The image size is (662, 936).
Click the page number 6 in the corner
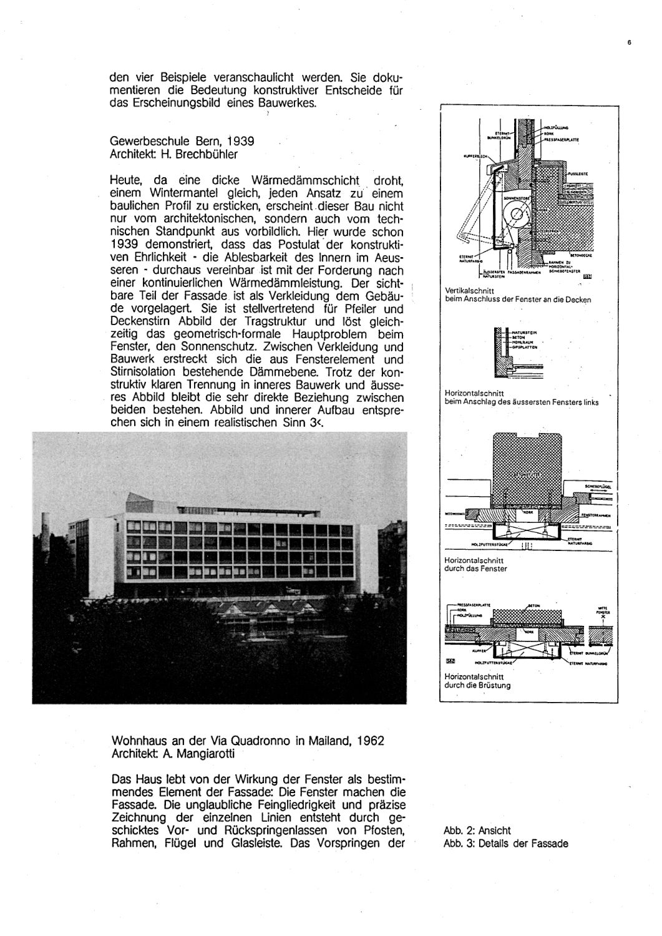pyautogui.click(x=630, y=43)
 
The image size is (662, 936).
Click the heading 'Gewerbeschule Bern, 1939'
pyautogui.click(x=181, y=141)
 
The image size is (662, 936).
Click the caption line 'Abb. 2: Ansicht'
pyautogui.click(x=477, y=831)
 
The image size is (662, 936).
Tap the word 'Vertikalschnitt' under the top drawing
pyautogui.click(x=469, y=291)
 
